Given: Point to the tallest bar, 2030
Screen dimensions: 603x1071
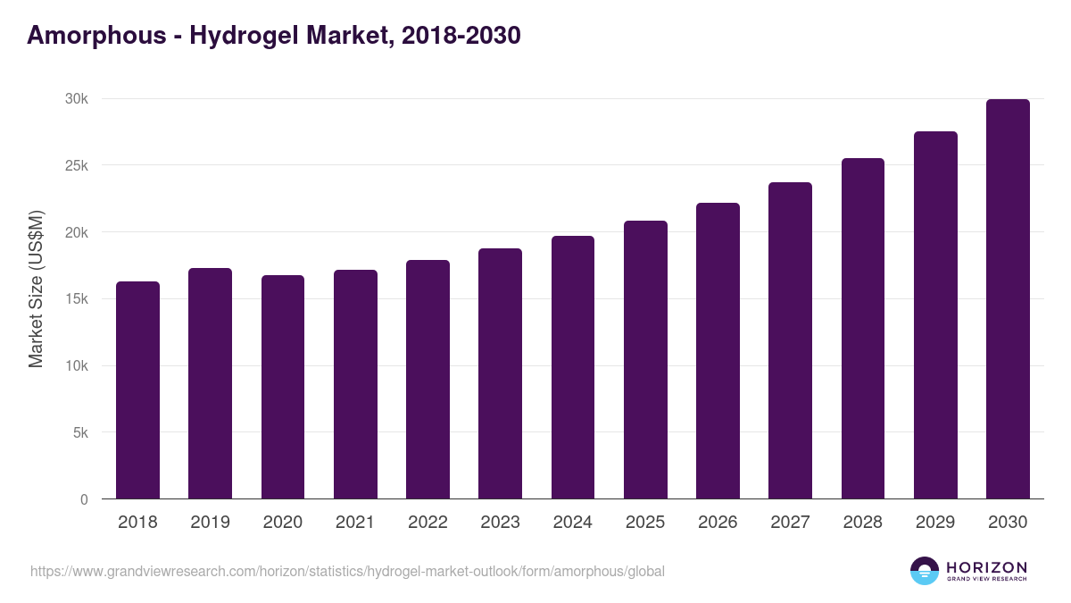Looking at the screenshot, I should coord(1008,299).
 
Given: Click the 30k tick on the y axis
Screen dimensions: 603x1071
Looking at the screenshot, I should coord(77,99).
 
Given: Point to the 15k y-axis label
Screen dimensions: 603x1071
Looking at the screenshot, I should coord(77,299).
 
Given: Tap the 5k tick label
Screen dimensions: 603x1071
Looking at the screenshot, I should coord(80,432).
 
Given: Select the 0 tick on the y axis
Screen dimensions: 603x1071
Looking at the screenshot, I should coord(84,499).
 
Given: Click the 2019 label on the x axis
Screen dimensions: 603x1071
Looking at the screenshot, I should coord(210,523).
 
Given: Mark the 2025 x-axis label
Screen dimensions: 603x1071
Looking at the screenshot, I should coord(645,523).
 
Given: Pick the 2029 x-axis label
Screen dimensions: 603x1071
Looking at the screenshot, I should coord(935,523).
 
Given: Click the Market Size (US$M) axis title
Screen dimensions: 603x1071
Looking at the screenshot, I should coord(36,288).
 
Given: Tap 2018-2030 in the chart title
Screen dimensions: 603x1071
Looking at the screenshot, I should coord(461,36).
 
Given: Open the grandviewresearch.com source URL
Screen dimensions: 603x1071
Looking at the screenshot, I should coord(347,571).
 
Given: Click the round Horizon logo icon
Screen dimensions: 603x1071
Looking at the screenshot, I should coord(925,571).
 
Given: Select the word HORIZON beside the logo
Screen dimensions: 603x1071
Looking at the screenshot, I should coord(986,567).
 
